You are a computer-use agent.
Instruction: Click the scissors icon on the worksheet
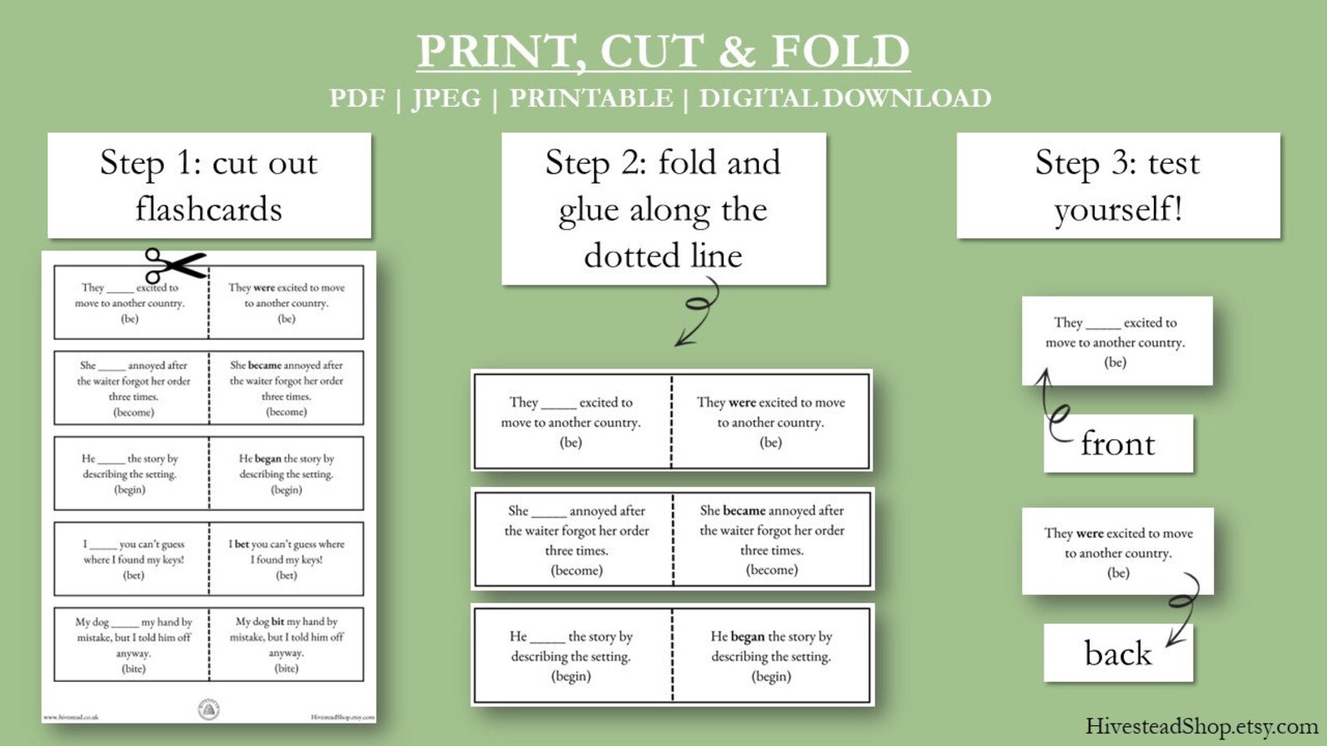click(173, 266)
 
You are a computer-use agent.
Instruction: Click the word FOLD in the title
click(840, 51)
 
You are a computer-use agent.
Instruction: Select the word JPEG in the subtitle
click(446, 99)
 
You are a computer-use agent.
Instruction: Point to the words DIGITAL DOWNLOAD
click(845, 99)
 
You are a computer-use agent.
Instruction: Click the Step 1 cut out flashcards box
click(209, 185)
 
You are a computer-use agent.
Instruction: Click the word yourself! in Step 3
click(1118, 209)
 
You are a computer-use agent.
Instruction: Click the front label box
click(1118, 444)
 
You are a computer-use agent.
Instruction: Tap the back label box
click(1118, 652)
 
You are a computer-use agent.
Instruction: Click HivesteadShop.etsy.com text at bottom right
click(1202, 726)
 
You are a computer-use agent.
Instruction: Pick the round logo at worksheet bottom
click(208, 709)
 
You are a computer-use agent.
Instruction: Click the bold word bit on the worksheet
click(277, 622)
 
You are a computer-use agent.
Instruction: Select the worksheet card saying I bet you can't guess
click(286, 559)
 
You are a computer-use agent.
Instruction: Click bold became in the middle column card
click(744, 510)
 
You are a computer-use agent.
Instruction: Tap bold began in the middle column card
click(747, 637)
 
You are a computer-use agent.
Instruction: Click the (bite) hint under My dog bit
click(286, 668)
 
